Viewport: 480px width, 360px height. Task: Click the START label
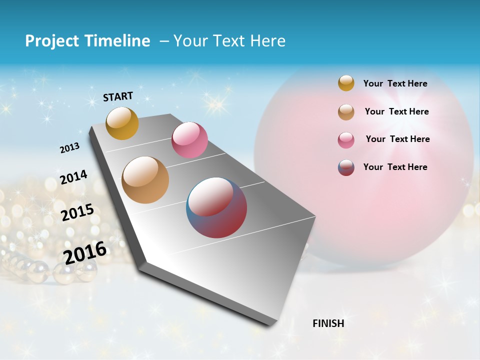pyautogui.click(x=118, y=96)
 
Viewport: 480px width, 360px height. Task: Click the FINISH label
pyautogui.click(x=328, y=323)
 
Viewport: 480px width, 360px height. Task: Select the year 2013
pyautogui.click(x=69, y=148)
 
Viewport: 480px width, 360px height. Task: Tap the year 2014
pyautogui.click(x=73, y=177)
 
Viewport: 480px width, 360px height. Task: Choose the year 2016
pyautogui.click(x=85, y=252)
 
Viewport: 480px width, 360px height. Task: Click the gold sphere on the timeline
pyautogui.click(x=122, y=123)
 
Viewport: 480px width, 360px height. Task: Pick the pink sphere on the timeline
pyautogui.click(x=189, y=139)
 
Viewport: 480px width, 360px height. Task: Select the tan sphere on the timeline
pyautogui.click(x=145, y=180)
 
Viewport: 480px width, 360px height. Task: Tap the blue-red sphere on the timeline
pyautogui.click(x=216, y=207)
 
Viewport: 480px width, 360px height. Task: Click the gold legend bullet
pyautogui.click(x=346, y=83)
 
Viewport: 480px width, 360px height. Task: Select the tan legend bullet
pyautogui.click(x=346, y=112)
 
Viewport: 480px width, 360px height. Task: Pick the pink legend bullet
pyautogui.click(x=346, y=140)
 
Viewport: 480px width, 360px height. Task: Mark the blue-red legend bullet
pyautogui.click(x=346, y=167)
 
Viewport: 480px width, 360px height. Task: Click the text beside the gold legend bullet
pyautogui.click(x=395, y=83)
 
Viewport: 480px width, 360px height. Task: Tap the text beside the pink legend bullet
pyautogui.click(x=397, y=139)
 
